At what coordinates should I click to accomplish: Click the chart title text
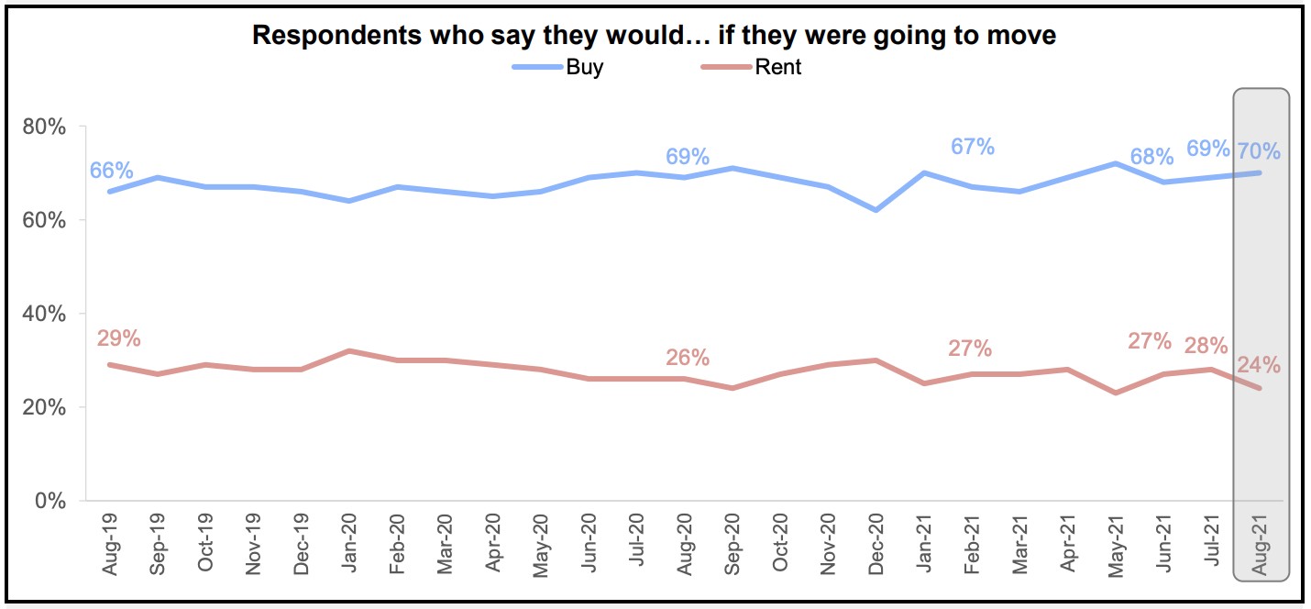[654, 36]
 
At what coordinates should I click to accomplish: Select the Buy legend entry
[585, 67]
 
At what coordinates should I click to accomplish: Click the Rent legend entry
[778, 67]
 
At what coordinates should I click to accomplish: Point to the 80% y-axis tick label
[44, 127]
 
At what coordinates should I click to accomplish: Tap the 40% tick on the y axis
[44, 314]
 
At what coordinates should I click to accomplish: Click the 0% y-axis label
[50, 501]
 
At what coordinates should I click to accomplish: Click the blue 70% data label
[1259, 151]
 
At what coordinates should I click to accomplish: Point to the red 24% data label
[1259, 365]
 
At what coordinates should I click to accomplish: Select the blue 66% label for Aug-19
[112, 171]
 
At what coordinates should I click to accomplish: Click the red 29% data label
[119, 338]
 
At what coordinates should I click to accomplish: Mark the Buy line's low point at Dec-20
[877, 210]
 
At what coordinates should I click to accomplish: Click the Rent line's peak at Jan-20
[349, 350]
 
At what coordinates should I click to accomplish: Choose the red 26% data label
[688, 358]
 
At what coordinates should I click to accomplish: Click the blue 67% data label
[973, 147]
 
